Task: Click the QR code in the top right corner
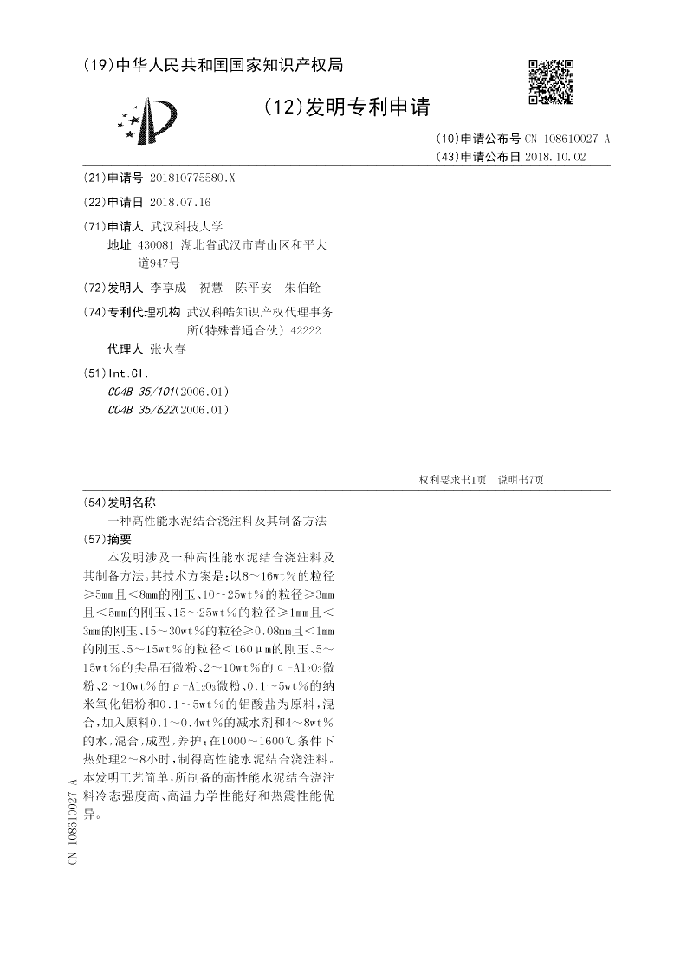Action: pos(551,81)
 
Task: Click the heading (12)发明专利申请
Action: pos(345,107)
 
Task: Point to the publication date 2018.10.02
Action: pos(562,157)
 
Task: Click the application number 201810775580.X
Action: pos(192,178)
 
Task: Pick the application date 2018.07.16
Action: pos(180,202)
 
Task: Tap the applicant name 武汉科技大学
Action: pos(187,226)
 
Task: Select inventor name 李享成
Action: pos(168,288)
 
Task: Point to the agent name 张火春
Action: pos(168,349)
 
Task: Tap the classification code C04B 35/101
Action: pos(140,392)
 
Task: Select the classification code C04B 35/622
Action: pos(140,410)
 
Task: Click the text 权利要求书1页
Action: pos(452,479)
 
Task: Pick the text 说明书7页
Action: pos(521,479)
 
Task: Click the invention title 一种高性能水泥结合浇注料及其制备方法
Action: pos(217,521)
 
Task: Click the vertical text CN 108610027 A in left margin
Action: pos(72,821)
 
